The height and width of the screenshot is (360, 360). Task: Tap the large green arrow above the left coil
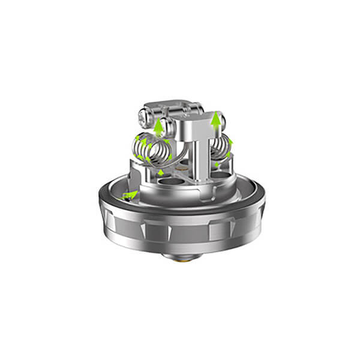pos(158,127)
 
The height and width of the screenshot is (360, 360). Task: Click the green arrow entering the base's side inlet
pos(129,194)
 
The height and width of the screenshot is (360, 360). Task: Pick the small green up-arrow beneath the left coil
pos(161,173)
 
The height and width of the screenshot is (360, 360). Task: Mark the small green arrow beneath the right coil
pos(216,164)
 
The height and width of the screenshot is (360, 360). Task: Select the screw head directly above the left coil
pos(167,125)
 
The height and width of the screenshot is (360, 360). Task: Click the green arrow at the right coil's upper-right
pos(230,142)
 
